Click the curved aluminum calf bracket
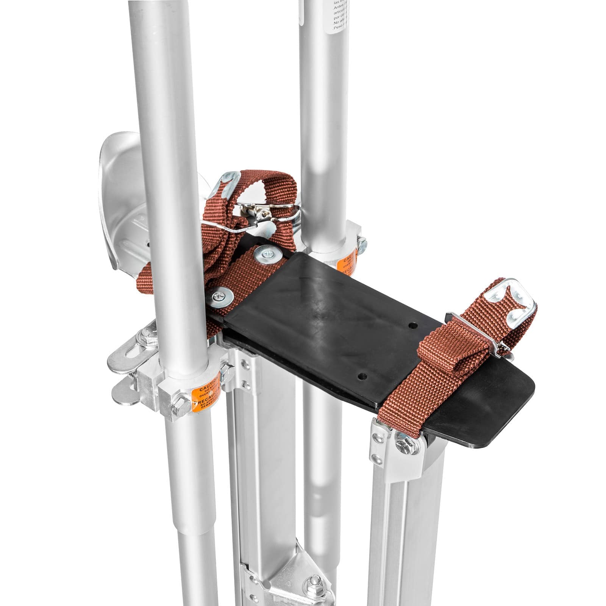click(114, 197)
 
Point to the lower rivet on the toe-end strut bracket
click(376, 459)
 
